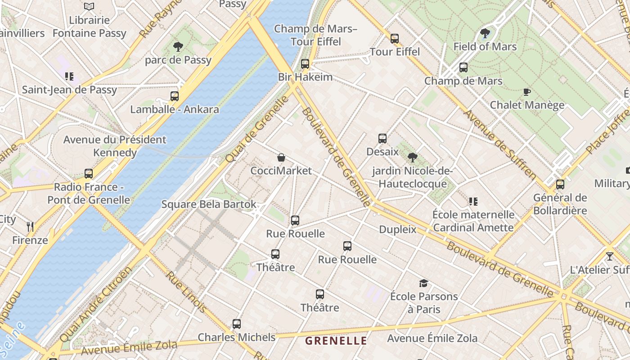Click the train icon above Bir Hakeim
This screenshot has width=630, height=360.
click(x=305, y=64)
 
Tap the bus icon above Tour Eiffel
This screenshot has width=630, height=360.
click(x=395, y=39)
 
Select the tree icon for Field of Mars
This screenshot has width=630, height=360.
click(x=485, y=33)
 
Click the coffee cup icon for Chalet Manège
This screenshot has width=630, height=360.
click(x=526, y=92)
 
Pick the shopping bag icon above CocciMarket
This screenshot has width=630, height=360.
click(x=281, y=157)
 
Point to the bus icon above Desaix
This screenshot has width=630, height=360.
click(x=382, y=139)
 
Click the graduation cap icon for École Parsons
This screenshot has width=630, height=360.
click(x=423, y=283)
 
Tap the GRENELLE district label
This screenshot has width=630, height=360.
click(x=336, y=341)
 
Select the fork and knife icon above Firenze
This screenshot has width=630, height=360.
click(x=30, y=227)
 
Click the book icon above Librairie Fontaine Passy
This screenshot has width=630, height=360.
click(x=89, y=7)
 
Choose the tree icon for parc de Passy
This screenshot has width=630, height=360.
click(x=178, y=46)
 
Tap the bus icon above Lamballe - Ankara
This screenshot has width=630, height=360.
click(x=175, y=96)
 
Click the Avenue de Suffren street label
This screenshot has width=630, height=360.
click(x=500, y=144)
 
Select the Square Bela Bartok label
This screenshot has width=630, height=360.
click(x=209, y=204)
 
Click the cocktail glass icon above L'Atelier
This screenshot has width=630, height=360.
click(x=610, y=256)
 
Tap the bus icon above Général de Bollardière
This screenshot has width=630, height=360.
click(x=560, y=184)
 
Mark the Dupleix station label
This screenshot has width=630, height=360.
click(x=398, y=229)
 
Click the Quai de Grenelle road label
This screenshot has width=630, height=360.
click(x=257, y=130)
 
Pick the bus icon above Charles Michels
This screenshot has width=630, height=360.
click(x=237, y=324)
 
